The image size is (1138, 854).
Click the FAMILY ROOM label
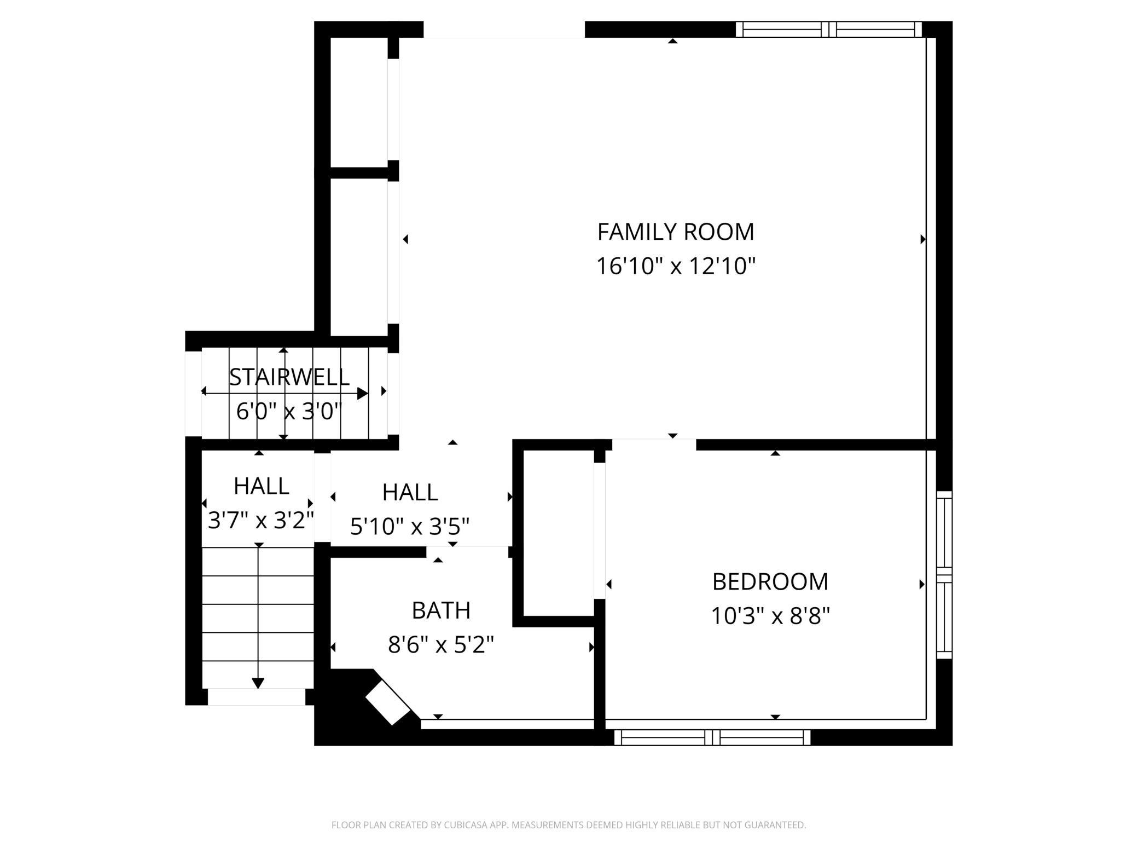click(676, 232)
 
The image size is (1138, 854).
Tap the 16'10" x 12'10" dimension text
click(676, 267)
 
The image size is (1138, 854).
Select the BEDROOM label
click(770, 581)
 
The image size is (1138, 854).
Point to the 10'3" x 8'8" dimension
click(770, 616)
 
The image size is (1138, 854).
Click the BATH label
click(441, 610)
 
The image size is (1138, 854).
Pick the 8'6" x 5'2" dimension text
click(441, 645)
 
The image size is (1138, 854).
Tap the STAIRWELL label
click(289, 377)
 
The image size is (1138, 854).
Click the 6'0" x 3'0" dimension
click(289, 411)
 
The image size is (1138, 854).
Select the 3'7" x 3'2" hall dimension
click(261, 521)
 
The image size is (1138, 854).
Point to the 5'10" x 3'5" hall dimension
click(410, 527)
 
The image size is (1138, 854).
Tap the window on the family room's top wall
click(829, 30)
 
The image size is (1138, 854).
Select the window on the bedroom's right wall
click(944, 575)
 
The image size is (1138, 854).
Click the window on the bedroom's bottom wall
click(712, 737)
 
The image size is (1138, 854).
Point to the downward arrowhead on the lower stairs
click(258, 683)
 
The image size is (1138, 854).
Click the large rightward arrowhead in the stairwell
click(363, 393)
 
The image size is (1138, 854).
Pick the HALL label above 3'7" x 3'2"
click(261, 486)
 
